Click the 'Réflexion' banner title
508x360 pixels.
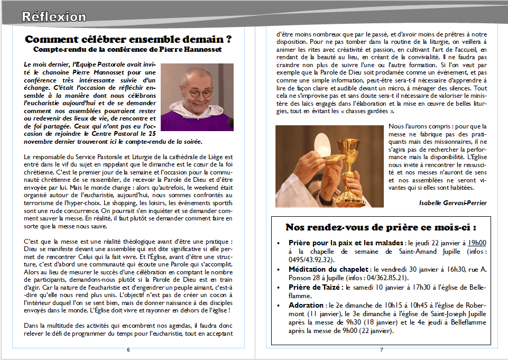[x=53, y=17]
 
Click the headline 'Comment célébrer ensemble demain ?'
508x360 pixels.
[x=129, y=40]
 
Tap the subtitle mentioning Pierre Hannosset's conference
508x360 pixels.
[x=127, y=50]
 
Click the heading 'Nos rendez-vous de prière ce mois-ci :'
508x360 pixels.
[x=381, y=227]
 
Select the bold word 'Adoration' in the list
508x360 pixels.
[x=306, y=306]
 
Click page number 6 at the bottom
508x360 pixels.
[x=128, y=350]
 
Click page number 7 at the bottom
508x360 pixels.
[x=381, y=350]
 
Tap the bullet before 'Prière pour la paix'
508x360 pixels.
[x=279, y=243]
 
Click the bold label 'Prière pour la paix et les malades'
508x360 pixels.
[x=346, y=243]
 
